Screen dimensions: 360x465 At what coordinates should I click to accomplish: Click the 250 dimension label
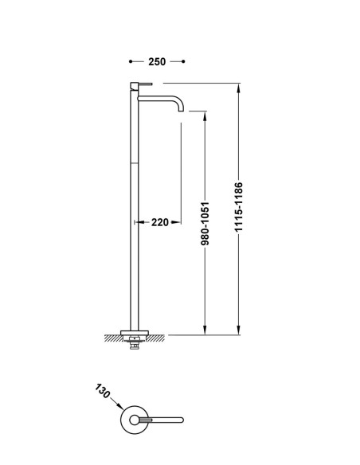coord(157,61)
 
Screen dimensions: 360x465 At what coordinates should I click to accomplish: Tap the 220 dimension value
coord(160,222)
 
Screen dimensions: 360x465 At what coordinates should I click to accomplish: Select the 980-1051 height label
coord(205,224)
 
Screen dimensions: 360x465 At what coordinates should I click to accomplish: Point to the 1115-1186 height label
coord(238,207)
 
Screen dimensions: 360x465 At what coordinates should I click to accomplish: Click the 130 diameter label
coord(103,391)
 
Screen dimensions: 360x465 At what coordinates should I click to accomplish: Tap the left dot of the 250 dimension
coord(131,61)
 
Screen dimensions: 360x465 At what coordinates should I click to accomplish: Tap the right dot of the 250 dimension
coord(183,61)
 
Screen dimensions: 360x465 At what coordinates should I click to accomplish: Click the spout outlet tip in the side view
coord(181,111)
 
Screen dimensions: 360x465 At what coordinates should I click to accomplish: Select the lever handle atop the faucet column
coord(141,84)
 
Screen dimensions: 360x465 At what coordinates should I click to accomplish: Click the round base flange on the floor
coord(135,333)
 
